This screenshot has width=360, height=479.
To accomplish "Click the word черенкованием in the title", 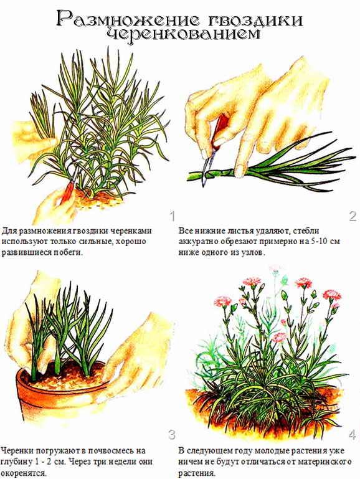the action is [183, 34].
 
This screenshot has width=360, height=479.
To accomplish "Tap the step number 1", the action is [173, 216].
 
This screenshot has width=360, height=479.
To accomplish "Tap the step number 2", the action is [353, 216].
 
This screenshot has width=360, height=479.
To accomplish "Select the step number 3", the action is [172, 434].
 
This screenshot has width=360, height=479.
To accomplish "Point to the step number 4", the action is [352, 434].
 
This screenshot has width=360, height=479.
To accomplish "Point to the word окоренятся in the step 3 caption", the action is [24, 473].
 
